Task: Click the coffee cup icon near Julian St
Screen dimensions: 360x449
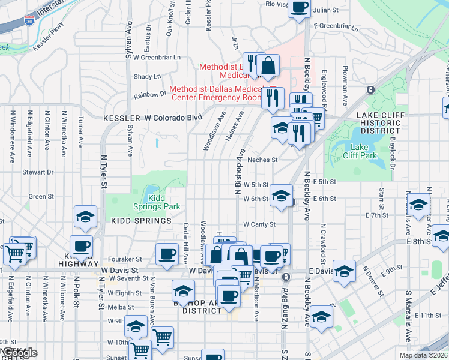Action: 300,8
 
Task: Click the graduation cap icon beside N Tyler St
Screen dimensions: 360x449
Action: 85,217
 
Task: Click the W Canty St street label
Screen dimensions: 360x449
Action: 259,224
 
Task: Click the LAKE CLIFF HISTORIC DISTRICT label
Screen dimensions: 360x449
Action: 378,122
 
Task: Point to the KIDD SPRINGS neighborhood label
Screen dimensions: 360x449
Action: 142,221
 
